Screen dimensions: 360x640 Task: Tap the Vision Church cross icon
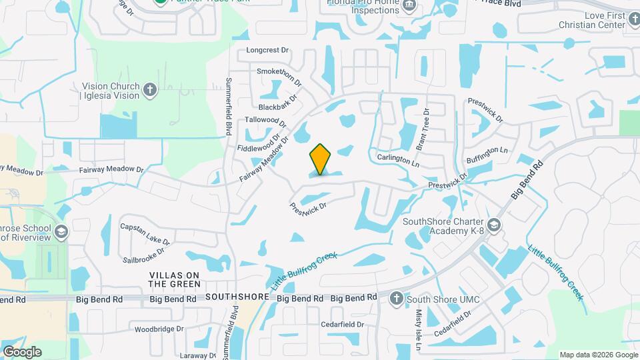150,90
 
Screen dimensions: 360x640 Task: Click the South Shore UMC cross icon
396,298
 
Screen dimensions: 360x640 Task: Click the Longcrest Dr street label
267,50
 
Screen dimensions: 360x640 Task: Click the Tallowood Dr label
265,122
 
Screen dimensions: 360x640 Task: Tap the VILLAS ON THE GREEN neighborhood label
175,279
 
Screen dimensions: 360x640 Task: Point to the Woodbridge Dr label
159,329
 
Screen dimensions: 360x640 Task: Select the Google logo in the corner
22,351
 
